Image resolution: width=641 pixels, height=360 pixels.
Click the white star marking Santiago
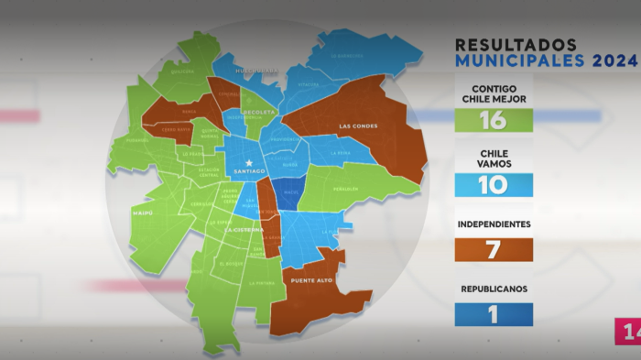click(248, 163)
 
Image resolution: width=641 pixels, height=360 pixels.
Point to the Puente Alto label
click(309, 280)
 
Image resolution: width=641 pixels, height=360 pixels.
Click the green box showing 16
click(494, 119)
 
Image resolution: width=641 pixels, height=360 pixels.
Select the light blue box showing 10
click(494, 185)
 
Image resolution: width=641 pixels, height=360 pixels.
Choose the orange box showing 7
click(494, 249)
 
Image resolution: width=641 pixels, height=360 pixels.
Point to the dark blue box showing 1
click(494, 314)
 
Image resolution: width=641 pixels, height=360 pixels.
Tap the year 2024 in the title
click(614, 61)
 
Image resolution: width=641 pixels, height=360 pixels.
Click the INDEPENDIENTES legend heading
click(493, 224)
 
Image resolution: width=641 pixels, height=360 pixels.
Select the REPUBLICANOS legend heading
click(493, 289)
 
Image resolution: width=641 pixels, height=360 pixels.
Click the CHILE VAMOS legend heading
click(493, 157)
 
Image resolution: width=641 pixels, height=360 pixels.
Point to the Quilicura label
click(182, 71)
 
